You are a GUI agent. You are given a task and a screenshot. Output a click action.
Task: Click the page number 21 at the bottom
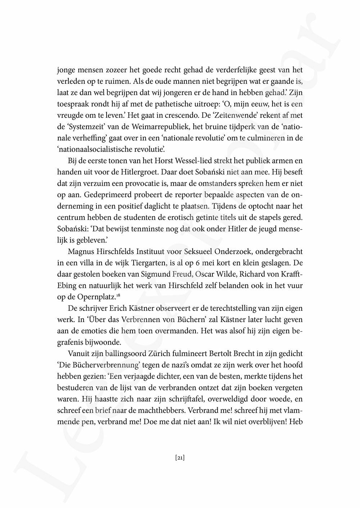coord(180,458)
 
